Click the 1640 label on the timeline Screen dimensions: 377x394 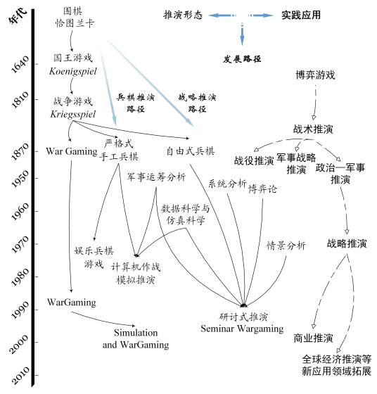tap(20, 64)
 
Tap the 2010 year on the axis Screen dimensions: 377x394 tap(20, 376)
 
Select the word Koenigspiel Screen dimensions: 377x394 tap(73, 71)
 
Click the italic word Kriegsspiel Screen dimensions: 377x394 tap(73, 114)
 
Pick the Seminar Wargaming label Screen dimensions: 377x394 tap(242, 329)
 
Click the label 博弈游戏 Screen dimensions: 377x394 tap(316, 75)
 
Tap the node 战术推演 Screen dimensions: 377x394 tap(313, 129)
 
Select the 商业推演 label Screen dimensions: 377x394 tap(313, 338)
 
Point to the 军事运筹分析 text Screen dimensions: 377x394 tap(156, 177)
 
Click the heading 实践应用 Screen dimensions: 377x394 tap(301, 15)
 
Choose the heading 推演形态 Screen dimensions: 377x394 tap(183, 15)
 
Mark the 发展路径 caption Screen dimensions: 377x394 tap(242, 59)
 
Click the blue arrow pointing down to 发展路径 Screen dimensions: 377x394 tap(242, 34)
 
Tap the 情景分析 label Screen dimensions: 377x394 tap(286, 246)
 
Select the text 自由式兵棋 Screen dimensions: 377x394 tap(191, 151)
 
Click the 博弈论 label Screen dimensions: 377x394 tap(262, 189)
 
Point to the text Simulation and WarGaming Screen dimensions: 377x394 tap(136, 338)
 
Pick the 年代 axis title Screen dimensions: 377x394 tap(18, 16)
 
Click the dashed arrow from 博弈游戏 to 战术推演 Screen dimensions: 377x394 tap(315, 103)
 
